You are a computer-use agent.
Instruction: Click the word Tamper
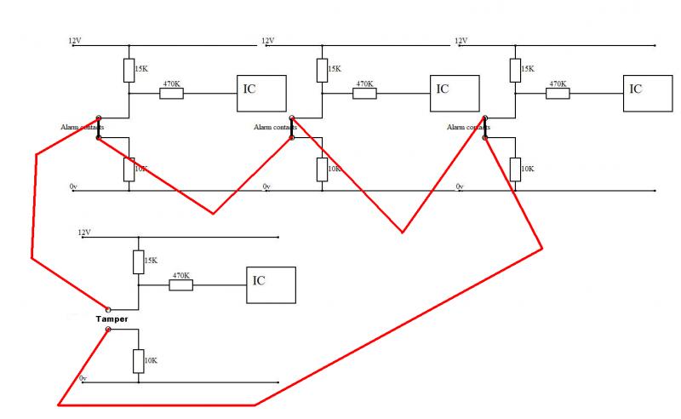pyautogui.click(x=112, y=319)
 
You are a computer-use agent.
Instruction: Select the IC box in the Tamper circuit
pyautogui.click(x=271, y=285)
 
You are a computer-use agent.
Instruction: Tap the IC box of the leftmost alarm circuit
pyautogui.click(x=261, y=93)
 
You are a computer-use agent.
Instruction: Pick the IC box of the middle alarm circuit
pyautogui.click(x=455, y=93)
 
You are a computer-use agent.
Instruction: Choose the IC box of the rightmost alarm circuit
pyautogui.click(x=647, y=93)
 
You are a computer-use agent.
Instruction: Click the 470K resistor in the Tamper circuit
pyautogui.click(x=180, y=285)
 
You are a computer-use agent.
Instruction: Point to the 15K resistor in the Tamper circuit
pyautogui.click(x=138, y=262)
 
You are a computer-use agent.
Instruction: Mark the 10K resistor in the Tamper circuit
pyautogui.click(x=138, y=361)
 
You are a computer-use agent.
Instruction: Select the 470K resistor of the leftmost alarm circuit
pyautogui.click(x=171, y=93)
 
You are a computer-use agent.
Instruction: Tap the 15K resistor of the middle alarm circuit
pyautogui.click(x=322, y=70)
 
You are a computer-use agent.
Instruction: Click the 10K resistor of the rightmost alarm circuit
pyautogui.click(x=515, y=169)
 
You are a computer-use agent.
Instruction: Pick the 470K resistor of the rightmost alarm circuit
pyautogui.click(x=558, y=93)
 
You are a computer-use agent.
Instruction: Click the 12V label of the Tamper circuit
pyautogui.click(x=83, y=232)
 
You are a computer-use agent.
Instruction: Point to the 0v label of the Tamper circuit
pyautogui.click(x=83, y=378)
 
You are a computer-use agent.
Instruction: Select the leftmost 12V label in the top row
pyautogui.click(x=75, y=41)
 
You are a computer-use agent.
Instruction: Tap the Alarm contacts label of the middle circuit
pyautogui.click(x=275, y=128)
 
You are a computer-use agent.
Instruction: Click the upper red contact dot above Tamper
pyautogui.click(x=107, y=310)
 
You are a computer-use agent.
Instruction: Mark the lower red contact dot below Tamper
pyautogui.click(x=107, y=329)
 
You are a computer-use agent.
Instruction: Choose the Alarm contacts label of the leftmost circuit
pyautogui.click(x=82, y=128)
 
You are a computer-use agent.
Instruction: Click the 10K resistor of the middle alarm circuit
pyautogui.click(x=322, y=169)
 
